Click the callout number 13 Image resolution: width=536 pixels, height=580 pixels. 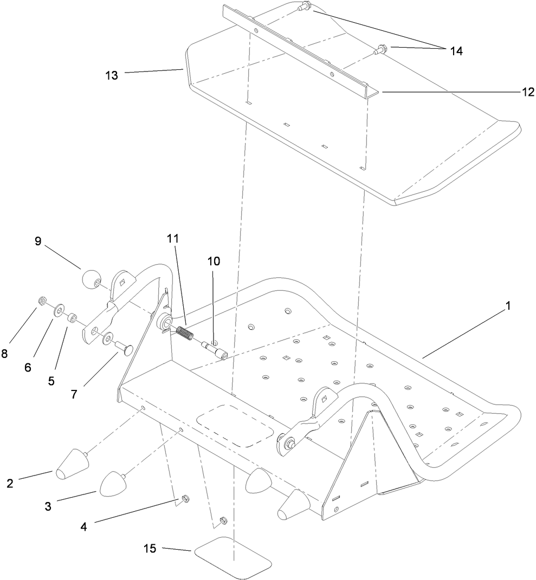[x=111, y=75]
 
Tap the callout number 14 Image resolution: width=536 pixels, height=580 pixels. [x=455, y=51]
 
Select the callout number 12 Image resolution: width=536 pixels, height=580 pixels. [x=513, y=92]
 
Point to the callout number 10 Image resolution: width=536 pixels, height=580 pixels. [x=214, y=261]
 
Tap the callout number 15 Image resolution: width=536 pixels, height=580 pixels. [x=150, y=549]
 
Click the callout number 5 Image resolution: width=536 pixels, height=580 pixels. [x=51, y=381]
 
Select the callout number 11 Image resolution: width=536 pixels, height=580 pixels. [x=173, y=238]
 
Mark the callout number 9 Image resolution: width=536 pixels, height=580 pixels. [x=38, y=242]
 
